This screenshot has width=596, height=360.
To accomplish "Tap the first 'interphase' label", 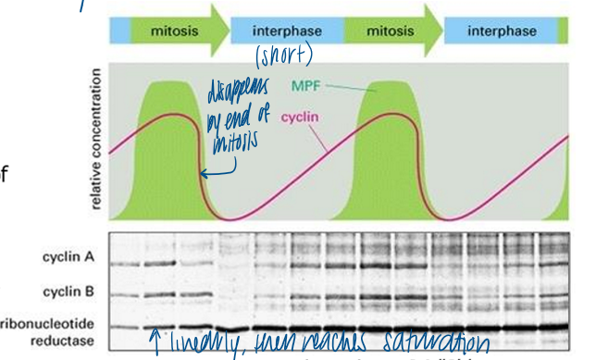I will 288,30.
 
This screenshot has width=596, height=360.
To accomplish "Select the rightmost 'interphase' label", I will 503,30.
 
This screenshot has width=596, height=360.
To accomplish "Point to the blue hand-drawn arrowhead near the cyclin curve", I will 203,172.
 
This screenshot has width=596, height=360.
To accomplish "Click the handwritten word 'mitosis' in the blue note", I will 237,143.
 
